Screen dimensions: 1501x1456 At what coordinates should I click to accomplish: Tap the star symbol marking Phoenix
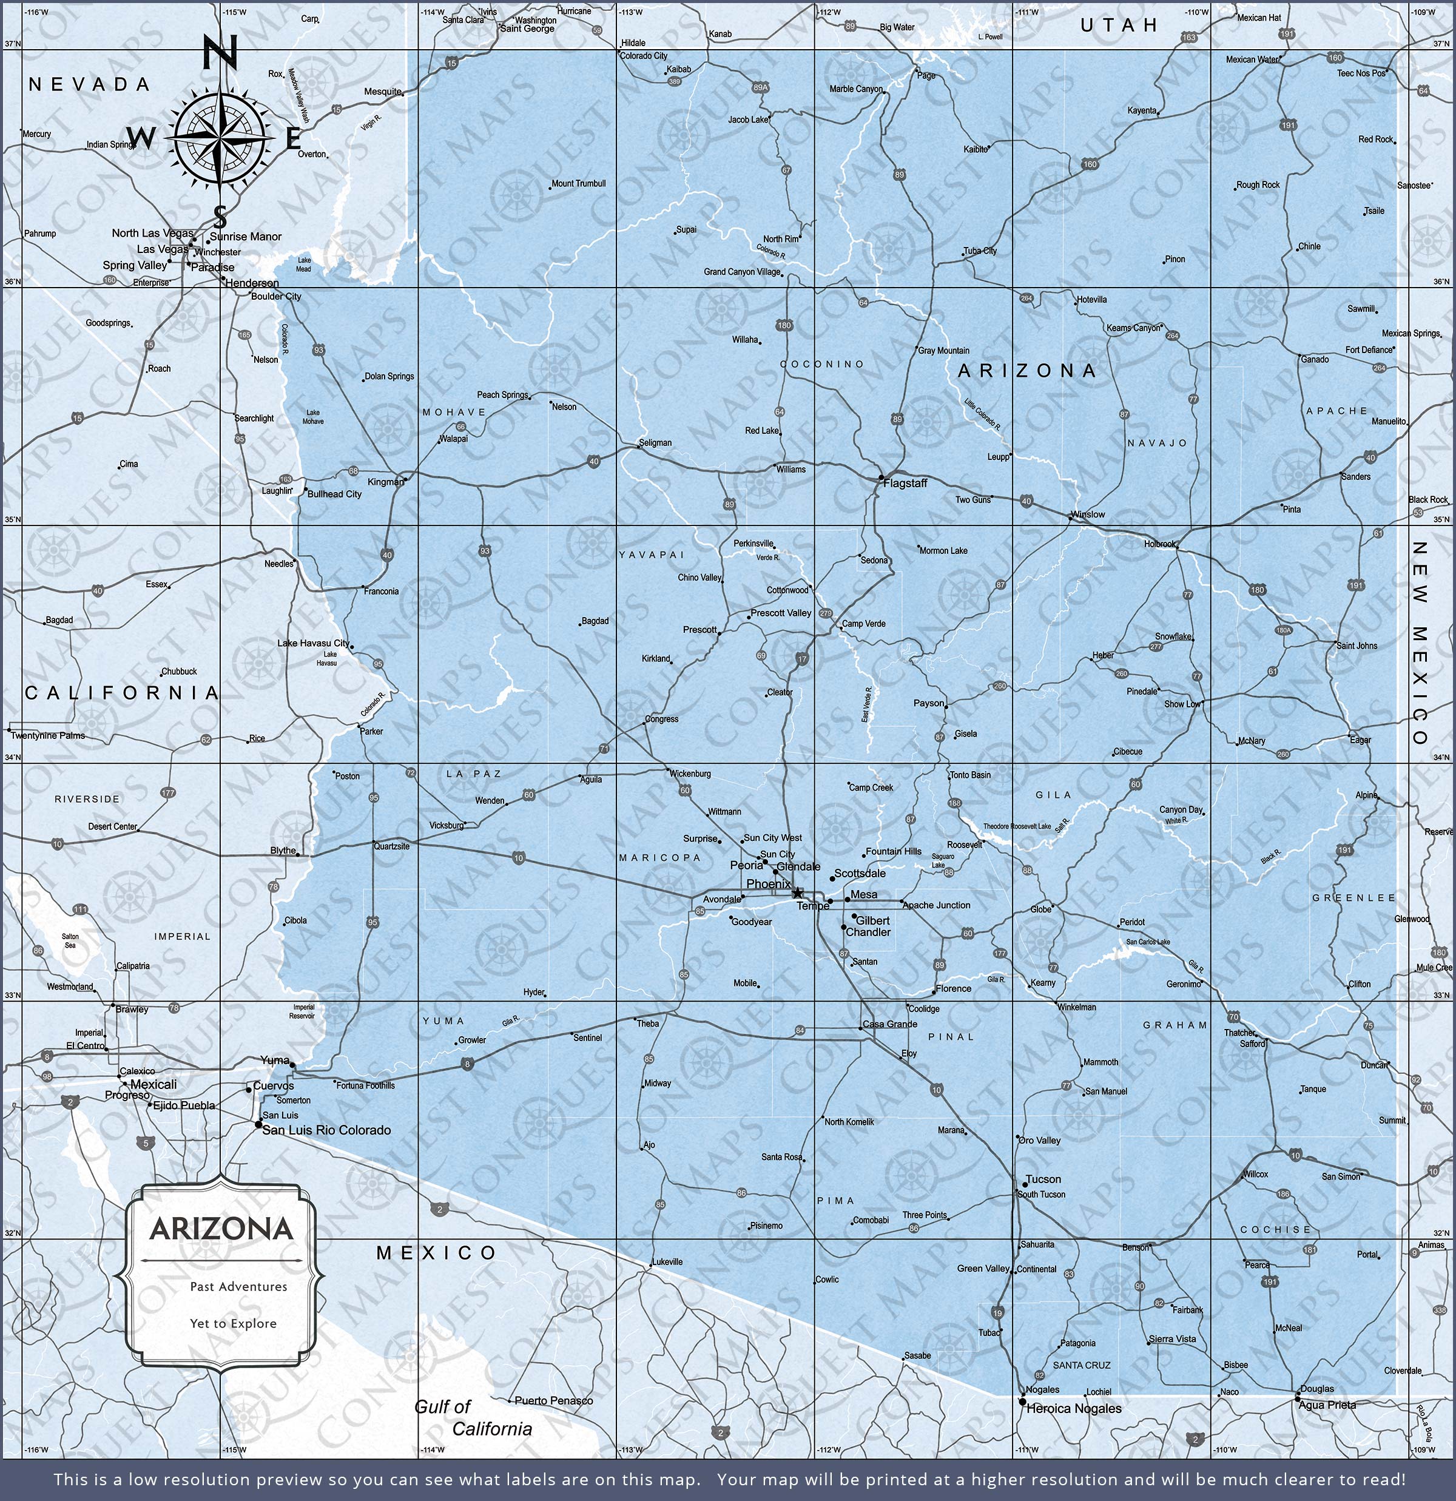click(797, 893)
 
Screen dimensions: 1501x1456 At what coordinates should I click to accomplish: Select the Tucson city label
click(1043, 1179)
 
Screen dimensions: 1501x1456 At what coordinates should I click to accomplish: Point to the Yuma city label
click(275, 1060)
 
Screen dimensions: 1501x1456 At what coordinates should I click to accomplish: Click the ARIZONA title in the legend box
click(221, 1229)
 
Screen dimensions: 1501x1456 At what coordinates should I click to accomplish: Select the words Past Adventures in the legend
click(239, 1287)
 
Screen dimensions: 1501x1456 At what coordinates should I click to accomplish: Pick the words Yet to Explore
click(234, 1323)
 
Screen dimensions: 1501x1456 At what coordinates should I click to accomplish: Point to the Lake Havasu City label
click(312, 643)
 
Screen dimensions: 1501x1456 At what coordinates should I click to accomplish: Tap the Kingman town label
click(385, 482)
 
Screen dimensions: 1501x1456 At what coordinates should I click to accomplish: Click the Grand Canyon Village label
click(742, 272)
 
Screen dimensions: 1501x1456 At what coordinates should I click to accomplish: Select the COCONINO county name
click(822, 364)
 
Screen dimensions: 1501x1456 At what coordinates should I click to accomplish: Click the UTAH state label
click(1119, 25)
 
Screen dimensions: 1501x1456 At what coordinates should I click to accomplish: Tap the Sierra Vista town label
click(1172, 1338)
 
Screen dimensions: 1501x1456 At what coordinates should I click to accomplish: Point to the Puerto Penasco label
click(553, 1401)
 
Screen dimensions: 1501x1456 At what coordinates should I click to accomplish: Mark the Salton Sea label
click(70, 941)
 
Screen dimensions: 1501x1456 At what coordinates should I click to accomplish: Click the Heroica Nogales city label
click(1073, 1408)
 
